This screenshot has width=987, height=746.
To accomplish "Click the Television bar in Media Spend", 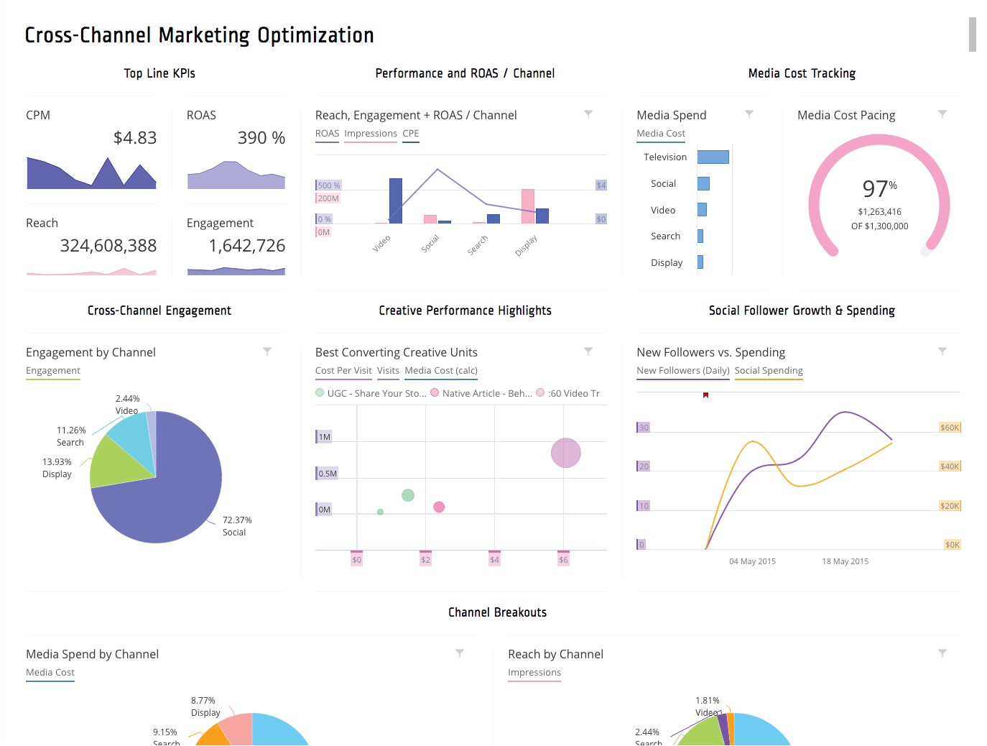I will click(x=713, y=157).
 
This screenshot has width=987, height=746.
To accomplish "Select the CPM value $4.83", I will click(x=135, y=137).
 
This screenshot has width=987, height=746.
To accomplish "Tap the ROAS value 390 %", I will click(x=261, y=137).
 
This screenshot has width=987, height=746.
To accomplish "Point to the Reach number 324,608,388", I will click(x=108, y=246).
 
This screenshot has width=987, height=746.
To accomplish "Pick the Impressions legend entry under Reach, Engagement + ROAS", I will click(x=370, y=134).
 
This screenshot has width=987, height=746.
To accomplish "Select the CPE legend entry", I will click(x=410, y=134).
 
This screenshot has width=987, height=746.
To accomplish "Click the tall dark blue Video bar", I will click(x=395, y=201).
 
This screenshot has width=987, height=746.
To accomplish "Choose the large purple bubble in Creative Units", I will click(x=565, y=453).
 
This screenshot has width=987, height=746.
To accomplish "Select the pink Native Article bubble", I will click(x=439, y=507).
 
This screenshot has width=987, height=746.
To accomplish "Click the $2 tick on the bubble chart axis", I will click(x=425, y=560).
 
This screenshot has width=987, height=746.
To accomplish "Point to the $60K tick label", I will click(x=949, y=428).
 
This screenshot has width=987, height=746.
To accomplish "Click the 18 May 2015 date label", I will click(x=845, y=561).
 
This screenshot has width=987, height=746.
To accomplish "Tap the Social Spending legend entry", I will click(x=768, y=371).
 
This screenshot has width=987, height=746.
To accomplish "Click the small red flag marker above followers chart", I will click(x=705, y=395).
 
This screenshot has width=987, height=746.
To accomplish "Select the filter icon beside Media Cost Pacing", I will click(x=942, y=114).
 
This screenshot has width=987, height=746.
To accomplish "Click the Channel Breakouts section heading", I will click(x=497, y=612).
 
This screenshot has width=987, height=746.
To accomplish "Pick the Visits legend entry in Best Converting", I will click(x=388, y=371).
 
